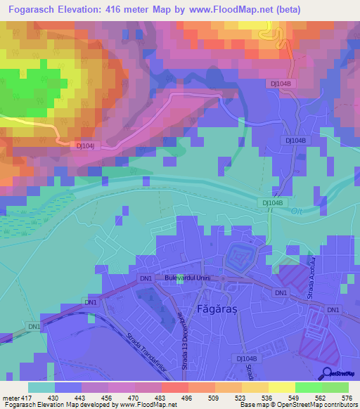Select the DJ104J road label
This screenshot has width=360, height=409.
point(85,145)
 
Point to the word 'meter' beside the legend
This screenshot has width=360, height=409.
point(10,398)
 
